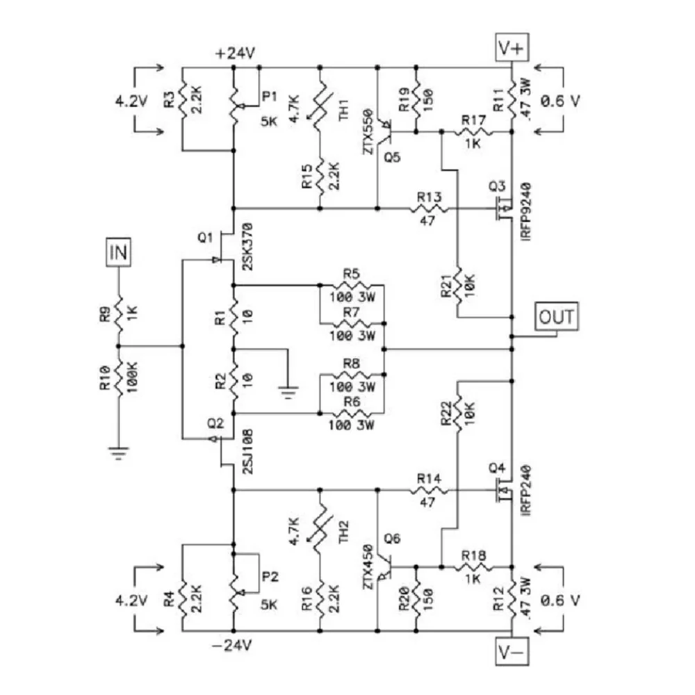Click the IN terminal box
click(118, 252)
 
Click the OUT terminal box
click(556, 316)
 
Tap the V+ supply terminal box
click(512, 47)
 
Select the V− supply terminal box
click(512, 652)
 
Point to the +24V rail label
click(235, 54)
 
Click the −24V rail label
click(232, 646)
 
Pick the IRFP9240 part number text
click(526, 211)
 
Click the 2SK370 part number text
click(248, 247)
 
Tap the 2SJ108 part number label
click(248, 451)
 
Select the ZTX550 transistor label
click(368, 131)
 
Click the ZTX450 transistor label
click(368, 568)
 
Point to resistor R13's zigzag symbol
click(429, 208)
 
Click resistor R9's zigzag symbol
click(118, 313)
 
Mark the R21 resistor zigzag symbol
click(457, 286)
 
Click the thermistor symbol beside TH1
click(320, 106)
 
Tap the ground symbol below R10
click(118, 453)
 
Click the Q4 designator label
click(497, 468)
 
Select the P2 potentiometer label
click(270, 577)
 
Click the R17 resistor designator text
click(473, 120)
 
